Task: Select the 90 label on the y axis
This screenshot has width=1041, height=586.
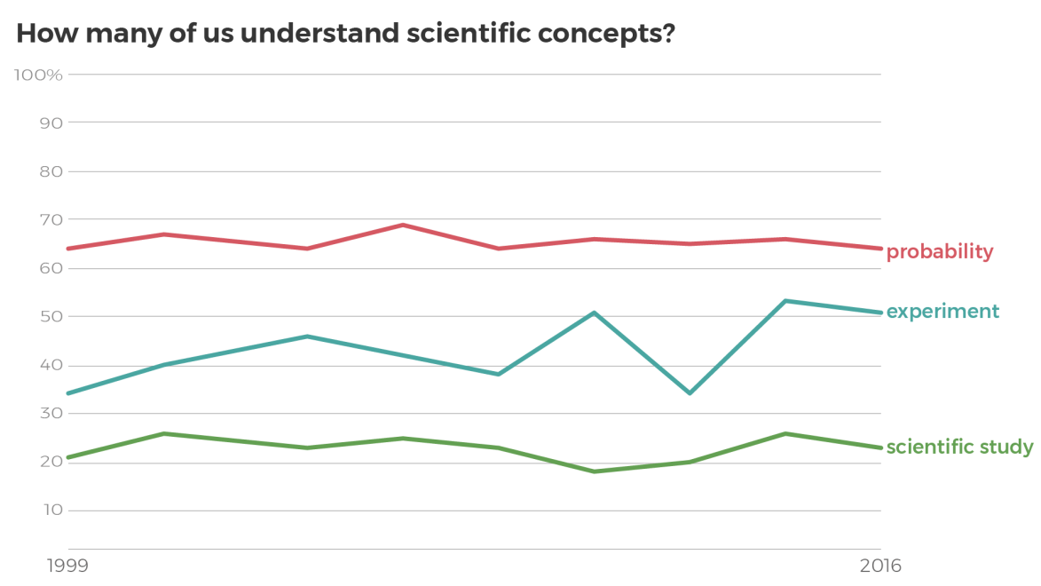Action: pos(51,123)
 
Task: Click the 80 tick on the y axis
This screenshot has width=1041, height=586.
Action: pos(51,171)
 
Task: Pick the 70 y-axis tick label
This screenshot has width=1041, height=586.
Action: pos(51,219)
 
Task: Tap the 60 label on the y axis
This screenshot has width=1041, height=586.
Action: pos(51,268)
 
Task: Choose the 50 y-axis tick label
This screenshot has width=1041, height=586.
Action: pos(51,317)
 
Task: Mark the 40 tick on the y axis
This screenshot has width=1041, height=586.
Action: pos(51,366)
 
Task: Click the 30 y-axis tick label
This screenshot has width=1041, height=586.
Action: pos(51,414)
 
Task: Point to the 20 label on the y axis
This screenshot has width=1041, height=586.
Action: pos(51,463)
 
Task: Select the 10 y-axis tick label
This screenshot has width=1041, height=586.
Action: pos(51,511)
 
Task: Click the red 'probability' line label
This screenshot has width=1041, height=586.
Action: pos(940,252)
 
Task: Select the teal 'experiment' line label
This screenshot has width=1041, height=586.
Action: pos(942,312)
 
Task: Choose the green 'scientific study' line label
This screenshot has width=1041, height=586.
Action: pos(959,447)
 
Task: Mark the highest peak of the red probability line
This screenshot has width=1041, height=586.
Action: pos(403,225)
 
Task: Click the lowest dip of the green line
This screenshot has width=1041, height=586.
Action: pos(595,471)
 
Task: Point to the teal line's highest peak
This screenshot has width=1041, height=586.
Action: pos(785,301)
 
